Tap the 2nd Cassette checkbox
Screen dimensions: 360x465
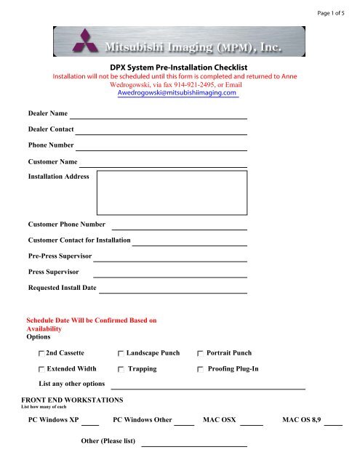41,353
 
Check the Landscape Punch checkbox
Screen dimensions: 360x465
121,353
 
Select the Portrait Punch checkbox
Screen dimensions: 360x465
201,353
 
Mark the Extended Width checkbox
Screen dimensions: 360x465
41,369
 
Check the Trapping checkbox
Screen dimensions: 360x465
121,369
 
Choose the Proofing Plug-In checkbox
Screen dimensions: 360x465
201,369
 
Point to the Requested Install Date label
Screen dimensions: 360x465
62,288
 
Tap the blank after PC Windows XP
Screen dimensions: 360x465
89,423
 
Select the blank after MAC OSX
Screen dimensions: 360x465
251,423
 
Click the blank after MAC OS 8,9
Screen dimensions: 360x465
333,423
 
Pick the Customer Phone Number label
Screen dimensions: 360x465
66,225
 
